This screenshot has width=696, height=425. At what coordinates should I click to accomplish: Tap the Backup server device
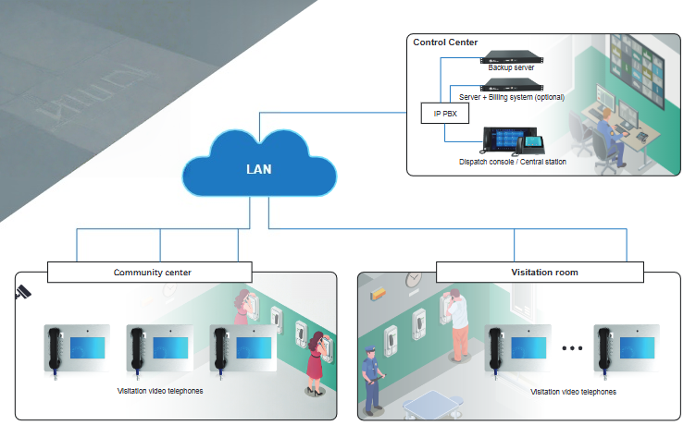point(511,54)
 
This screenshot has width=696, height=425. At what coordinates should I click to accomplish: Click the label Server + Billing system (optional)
point(511,97)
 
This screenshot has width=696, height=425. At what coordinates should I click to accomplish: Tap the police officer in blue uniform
point(370,379)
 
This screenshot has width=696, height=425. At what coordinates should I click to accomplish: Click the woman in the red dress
point(317,360)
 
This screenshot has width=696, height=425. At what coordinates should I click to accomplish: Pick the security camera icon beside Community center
point(23,293)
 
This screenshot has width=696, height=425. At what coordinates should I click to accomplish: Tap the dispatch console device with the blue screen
point(507,140)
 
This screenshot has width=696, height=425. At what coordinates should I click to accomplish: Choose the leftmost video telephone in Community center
point(78,348)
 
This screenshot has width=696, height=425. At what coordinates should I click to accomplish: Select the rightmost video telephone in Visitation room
point(627,348)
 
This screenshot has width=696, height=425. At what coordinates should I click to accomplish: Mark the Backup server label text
point(511,67)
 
